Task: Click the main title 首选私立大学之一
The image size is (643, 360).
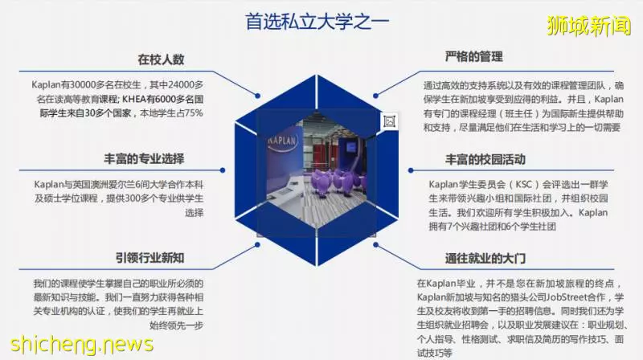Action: tap(317, 22)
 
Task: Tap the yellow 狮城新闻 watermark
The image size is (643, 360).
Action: tap(589, 27)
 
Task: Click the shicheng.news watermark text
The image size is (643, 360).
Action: tap(82, 345)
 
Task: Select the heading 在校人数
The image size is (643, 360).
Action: tap(161, 59)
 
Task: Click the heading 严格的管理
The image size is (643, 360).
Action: tap(474, 56)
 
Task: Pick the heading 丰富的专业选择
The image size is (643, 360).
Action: tap(144, 158)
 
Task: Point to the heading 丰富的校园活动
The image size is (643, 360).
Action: tap(485, 159)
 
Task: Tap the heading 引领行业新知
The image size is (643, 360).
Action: tap(149, 257)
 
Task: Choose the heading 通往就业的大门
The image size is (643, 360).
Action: tap(485, 258)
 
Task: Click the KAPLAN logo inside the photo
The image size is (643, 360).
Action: tap(282, 141)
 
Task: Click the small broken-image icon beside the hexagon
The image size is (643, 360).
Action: tap(389, 121)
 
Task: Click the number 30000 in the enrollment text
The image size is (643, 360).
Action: tap(83, 85)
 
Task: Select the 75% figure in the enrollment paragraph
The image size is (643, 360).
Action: tap(194, 112)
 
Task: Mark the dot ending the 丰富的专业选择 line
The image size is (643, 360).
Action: tap(223, 170)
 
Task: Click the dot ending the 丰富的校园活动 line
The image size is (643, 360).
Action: tap(411, 170)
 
